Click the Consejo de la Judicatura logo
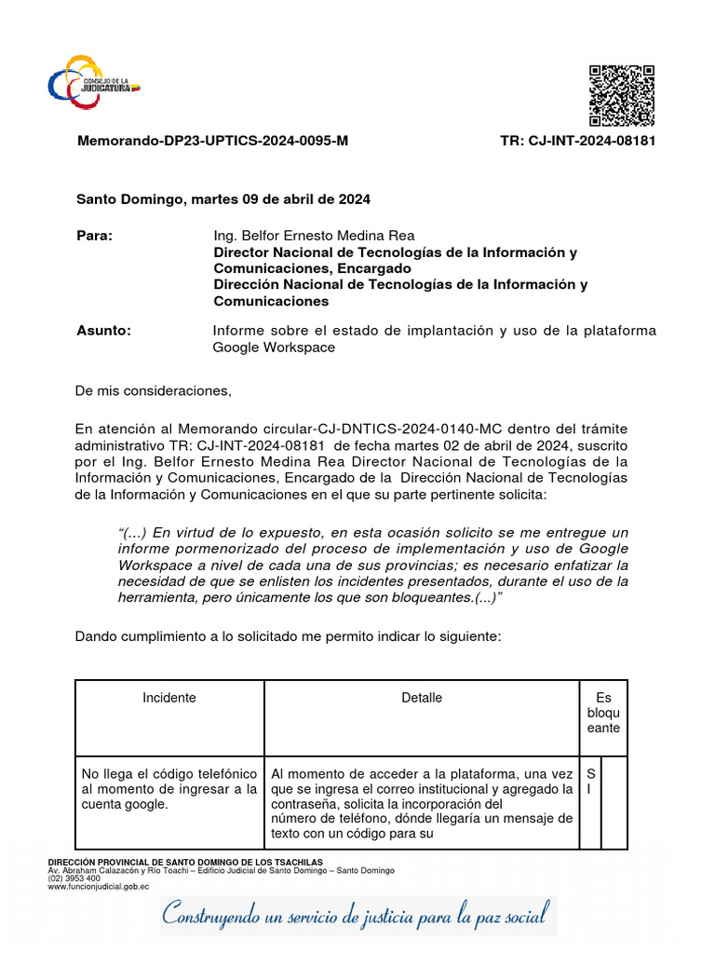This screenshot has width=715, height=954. point(94,83)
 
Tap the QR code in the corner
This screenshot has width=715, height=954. point(622,96)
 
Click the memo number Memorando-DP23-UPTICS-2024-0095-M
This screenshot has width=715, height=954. point(212,141)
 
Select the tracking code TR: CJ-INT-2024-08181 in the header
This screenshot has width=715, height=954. point(577,141)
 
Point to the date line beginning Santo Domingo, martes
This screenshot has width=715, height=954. point(223,199)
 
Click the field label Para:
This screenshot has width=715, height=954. point(94,236)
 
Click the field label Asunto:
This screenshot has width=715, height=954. point(103,331)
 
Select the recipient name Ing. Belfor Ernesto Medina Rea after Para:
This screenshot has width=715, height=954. point(314,236)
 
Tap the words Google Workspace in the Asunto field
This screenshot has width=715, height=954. point(274,348)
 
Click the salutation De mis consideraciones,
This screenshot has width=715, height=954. point(153,390)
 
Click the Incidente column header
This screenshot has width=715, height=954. point(169,698)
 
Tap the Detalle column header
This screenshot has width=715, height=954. point(422,698)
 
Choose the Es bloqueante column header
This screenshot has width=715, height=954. point(603,713)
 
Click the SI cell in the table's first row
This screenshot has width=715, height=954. point(590,782)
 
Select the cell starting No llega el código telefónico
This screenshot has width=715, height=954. point(169,789)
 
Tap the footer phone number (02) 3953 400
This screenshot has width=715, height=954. point(74,878)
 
